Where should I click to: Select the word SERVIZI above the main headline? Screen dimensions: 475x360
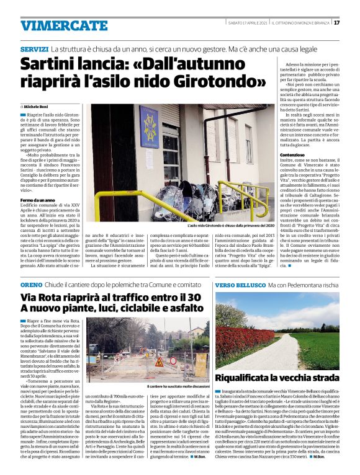[x=34, y=48]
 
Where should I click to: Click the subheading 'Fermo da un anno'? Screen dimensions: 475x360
[x=36, y=182]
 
